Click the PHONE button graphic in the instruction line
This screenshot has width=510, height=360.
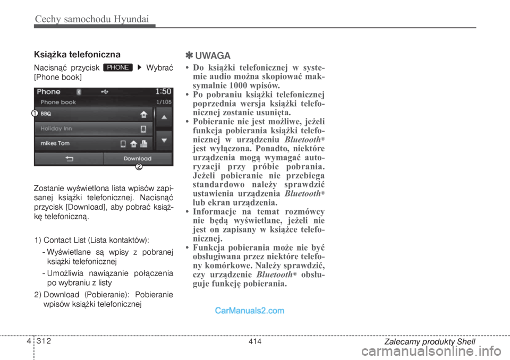[118, 67]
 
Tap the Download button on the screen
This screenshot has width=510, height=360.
[137, 159]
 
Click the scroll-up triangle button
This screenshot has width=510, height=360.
[164, 116]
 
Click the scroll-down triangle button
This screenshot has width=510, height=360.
[164, 141]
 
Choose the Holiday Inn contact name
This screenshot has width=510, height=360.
[56, 128]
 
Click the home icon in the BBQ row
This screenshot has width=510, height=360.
[143, 114]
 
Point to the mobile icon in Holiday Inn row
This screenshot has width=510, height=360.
[143, 129]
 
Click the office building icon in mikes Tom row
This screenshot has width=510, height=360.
[144, 144]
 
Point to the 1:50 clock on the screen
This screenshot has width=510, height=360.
[163, 91]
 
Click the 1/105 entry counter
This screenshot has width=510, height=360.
[164, 101]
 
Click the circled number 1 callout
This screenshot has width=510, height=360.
[33, 113]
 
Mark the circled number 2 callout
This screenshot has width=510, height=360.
[139, 167]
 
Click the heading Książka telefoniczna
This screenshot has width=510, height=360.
[77, 54]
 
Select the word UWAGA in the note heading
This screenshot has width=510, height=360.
[212, 56]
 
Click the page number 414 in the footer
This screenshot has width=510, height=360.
[254, 342]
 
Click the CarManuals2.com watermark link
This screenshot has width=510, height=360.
[249, 311]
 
